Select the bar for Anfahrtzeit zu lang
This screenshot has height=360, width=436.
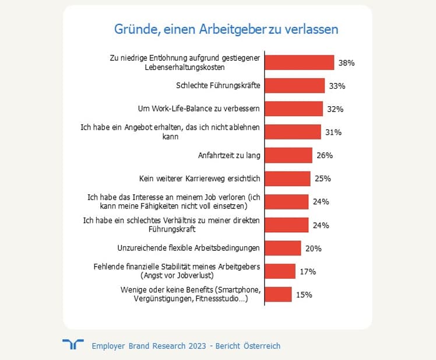click(x=289, y=155)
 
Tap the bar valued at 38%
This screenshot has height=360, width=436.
click(x=300, y=62)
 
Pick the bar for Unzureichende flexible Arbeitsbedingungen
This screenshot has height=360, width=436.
click(x=283, y=248)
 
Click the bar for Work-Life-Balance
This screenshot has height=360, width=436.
click(x=294, y=109)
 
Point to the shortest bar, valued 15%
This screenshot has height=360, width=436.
click(x=279, y=295)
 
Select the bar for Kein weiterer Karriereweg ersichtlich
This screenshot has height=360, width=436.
click(x=288, y=179)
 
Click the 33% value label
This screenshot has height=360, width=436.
click(x=337, y=86)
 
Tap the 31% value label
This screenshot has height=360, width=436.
click(x=333, y=132)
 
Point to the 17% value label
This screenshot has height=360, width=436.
click(x=308, y=271)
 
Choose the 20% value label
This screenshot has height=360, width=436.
click(x=314, y=249)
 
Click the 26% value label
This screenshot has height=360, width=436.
click(x=324, y=155)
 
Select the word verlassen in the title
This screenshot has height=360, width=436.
click(x=311, y=29)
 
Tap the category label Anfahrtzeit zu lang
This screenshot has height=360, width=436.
click(x=229, y=155)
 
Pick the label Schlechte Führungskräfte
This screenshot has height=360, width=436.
click(x=218, y=86)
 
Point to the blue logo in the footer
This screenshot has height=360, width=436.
click(x=72, y=345)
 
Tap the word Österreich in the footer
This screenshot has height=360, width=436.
click(x=259, y=346)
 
